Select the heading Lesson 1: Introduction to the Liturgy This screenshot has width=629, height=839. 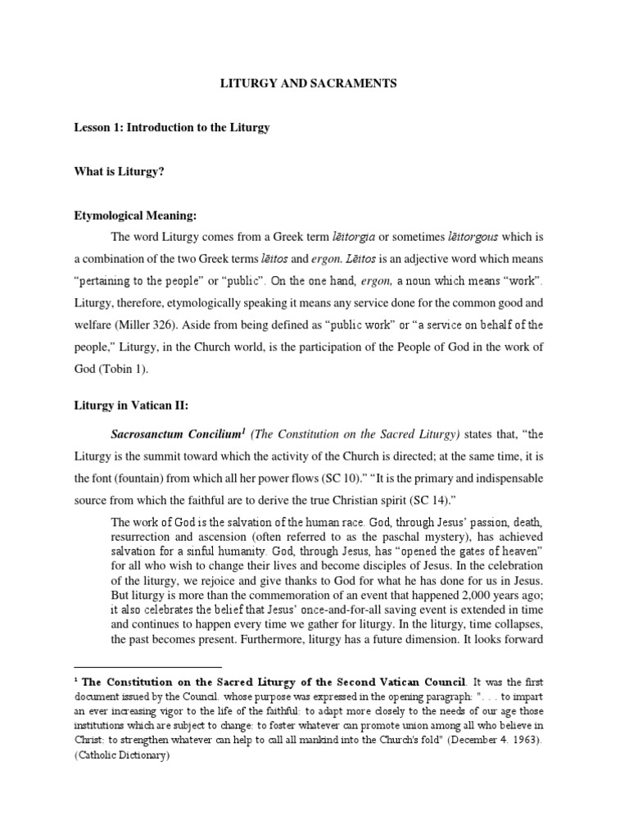tap(173, 128)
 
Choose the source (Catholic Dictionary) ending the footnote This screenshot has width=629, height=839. tap(121, 757)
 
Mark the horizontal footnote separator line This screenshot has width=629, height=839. tap(147, 668)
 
